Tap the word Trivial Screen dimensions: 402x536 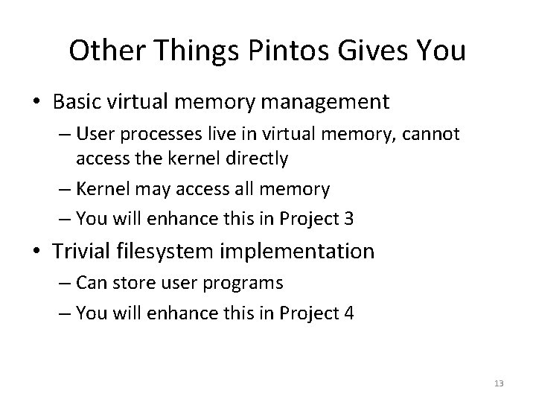coord(78,251)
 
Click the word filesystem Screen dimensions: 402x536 coord(163,251)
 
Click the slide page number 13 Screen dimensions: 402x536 coord(498,383)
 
